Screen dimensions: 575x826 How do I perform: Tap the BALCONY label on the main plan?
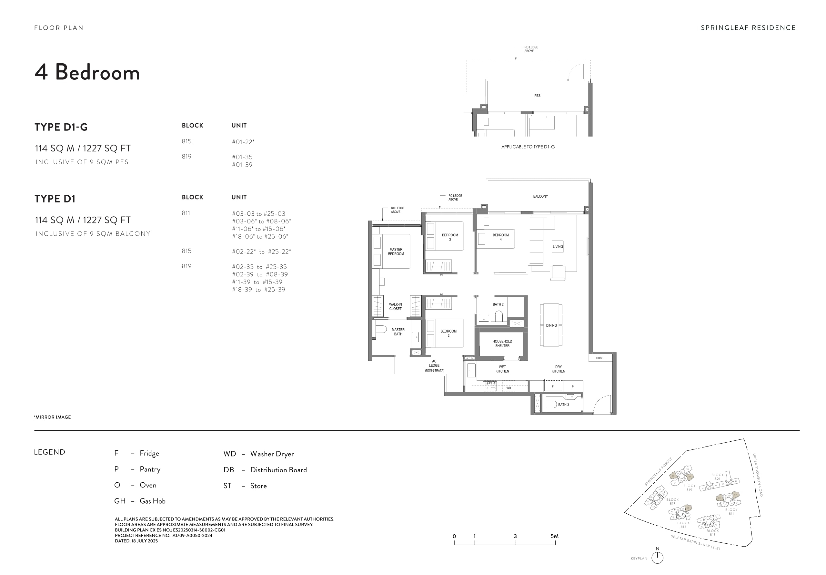[540, 196]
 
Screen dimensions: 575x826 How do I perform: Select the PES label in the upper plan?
[537, 96]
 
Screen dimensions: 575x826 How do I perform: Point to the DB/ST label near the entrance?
[600, 358]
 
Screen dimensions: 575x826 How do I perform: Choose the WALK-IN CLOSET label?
[395, 306]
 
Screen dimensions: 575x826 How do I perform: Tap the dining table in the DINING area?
[551, 325]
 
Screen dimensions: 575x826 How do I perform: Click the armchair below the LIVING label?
[557, 272]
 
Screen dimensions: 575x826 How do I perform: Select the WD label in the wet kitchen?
[508, 388]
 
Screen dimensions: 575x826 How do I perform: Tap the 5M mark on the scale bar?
[554, 536]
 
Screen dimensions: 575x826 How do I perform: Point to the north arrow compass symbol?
[657, 557]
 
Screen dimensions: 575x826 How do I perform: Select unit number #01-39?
[242, 165]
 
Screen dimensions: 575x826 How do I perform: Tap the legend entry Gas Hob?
[152, 501]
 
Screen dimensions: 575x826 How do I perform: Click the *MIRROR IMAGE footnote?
[53, 417]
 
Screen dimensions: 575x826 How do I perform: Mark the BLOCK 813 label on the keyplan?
[712, 532]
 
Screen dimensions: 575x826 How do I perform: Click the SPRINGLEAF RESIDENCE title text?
[748, 28]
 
